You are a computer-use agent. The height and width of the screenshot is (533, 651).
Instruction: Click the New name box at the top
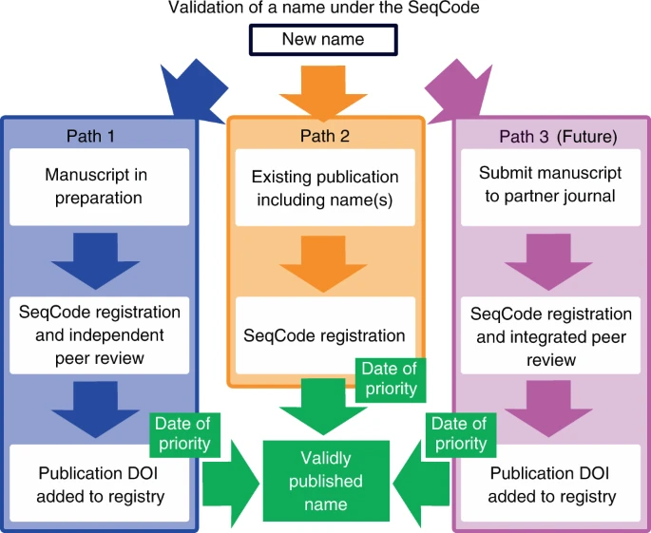[324, 40]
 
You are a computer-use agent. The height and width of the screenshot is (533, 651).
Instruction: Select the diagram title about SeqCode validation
[324, 10]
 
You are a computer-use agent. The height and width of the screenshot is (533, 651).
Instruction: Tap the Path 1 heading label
[90, 136]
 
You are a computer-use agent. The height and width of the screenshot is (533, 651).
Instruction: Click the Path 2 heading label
[325, 136]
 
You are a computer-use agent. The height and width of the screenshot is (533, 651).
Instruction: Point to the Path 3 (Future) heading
[558, 136]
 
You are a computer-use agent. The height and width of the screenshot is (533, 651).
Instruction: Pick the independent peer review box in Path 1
[98, 335]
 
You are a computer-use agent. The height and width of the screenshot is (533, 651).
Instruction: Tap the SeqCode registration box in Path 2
[325, 335]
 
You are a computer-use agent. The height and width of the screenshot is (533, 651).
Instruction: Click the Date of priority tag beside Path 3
[459, 433]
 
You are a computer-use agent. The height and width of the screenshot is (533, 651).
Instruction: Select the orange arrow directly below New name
[324, 90]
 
